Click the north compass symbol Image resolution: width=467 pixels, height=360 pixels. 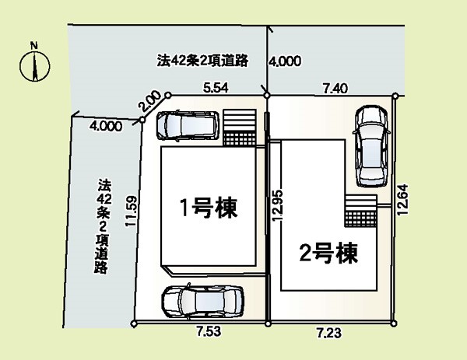(35, 66)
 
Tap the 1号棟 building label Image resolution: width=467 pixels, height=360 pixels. (209, 208)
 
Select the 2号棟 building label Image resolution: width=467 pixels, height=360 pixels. (328, 253)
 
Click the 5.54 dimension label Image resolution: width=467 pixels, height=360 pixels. (216, 88)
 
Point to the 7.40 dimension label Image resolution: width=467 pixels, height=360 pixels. (335, 89)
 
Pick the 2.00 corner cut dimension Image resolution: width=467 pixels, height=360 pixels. (149, 101)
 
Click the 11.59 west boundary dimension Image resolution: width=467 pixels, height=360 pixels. (132, 211)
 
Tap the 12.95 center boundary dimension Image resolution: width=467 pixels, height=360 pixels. (278, 205)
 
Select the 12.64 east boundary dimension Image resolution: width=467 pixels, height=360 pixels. (402, 199)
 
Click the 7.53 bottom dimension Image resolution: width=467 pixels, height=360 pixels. (209, 331)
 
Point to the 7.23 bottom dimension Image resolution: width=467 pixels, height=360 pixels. (328, 332)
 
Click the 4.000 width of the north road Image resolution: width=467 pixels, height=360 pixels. (285, 61)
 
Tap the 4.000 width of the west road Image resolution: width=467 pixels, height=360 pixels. (106, 126)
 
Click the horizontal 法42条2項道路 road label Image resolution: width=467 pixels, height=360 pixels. (202, 61)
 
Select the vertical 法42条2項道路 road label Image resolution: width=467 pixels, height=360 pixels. (103, 225)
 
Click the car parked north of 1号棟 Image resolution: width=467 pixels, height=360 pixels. (188, 125)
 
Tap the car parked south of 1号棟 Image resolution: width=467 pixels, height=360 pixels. (202, 302)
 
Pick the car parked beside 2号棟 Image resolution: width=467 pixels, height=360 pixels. (371, 146)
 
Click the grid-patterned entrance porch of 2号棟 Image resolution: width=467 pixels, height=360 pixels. (361, 219)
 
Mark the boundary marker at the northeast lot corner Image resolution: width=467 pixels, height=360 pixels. (395, 96)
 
